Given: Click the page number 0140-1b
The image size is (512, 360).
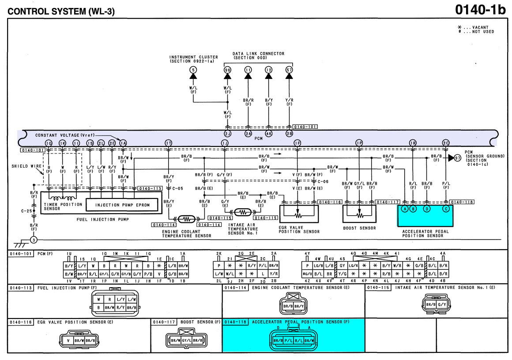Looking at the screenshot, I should coord(480,10).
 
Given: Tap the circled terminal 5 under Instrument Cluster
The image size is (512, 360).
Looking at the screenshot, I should coord(193,70).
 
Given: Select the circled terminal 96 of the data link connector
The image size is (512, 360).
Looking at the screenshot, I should coord(228,70).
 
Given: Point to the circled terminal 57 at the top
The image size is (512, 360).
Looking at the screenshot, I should coord(289,70).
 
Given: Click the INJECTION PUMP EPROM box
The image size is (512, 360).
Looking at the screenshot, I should coord(122,205).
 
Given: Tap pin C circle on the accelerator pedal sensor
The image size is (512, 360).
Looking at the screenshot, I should coord(447,209).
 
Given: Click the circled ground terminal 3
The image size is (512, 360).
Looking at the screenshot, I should coord(34,240).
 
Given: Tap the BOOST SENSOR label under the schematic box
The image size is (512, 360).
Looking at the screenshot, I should coord(359,228).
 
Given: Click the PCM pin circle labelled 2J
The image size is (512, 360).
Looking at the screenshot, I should coord(227,133).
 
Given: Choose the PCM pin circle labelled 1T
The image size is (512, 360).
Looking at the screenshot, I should coord(169,143).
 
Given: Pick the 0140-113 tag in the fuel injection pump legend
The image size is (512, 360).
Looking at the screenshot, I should coord(20,288).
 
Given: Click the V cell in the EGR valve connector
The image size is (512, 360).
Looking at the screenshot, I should coord(68,341).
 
